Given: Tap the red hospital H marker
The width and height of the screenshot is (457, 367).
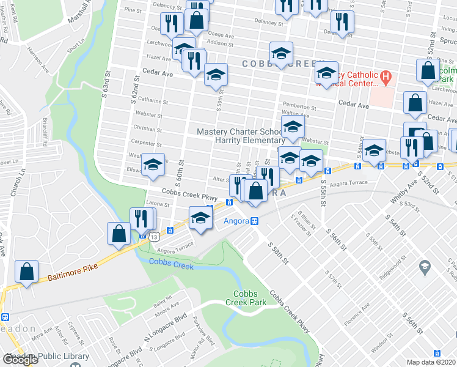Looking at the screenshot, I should point(385,78).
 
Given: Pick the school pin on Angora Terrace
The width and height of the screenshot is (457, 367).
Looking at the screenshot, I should point(200,218).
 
